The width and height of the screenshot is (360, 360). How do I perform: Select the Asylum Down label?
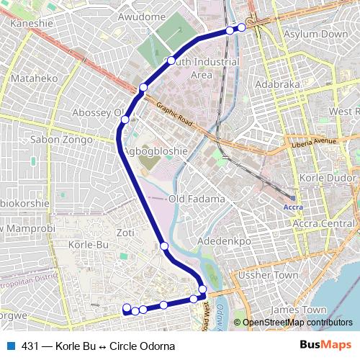(x=316, y=34)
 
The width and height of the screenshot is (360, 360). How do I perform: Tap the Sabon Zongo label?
(x=62, y=139)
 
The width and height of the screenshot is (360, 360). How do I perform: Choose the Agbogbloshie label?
(x=156, y=151)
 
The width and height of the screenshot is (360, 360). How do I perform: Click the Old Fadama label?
(x=197, y=199)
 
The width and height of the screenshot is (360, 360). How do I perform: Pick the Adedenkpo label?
(x=228, y=240)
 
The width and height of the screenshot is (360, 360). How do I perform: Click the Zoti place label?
(x=125, y=233)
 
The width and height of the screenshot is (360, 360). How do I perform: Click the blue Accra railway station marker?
(x=293, y=197)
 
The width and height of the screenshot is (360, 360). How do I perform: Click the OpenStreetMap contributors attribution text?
(x=297, y=323)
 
